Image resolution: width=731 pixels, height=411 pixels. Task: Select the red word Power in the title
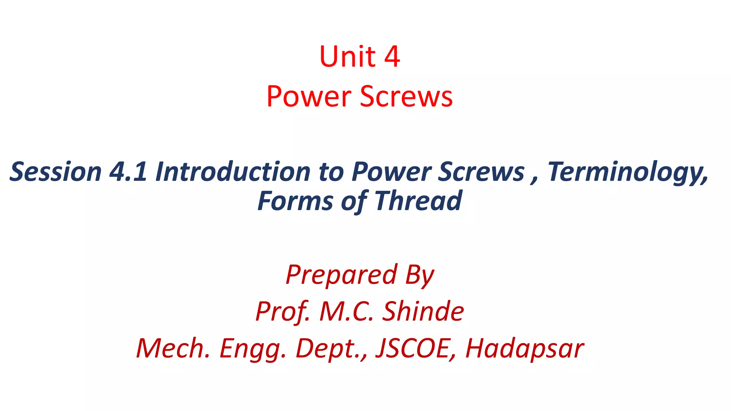click(309, 96)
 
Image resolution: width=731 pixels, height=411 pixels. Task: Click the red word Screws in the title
click(406, 96)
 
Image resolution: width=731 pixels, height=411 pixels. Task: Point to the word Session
click(56, 172)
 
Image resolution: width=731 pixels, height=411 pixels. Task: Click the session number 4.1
click(128, 172)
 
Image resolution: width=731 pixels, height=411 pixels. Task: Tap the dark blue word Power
click(391, 172)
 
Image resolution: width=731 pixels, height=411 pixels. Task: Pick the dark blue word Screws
click(481, 172)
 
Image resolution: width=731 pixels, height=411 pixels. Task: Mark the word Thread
click(418, 201)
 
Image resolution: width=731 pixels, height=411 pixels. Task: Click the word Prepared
click(341, 275)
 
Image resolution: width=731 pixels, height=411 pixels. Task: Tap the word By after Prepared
click(420, 275)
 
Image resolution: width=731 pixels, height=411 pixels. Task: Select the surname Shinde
click(423, 311)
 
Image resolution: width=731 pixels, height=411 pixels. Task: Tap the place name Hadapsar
click(525, 349)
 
